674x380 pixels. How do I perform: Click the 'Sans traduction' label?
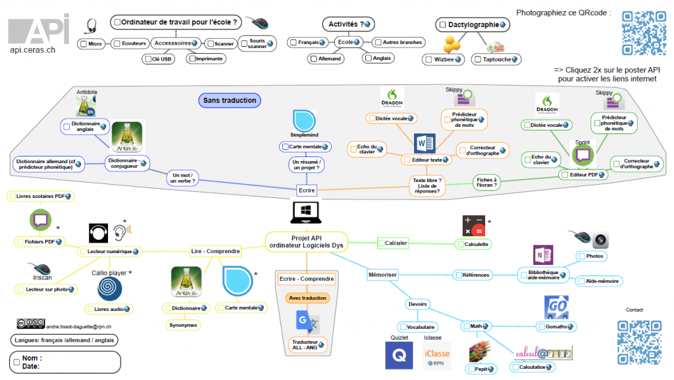click(x=230, y=101)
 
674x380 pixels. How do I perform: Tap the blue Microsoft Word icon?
click(x=425, y=143)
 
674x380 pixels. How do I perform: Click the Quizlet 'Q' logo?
click(x=399, y=356)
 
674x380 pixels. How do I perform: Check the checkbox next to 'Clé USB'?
click(x=147, y=59)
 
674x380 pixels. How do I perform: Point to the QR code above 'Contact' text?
click(x=638, y=341)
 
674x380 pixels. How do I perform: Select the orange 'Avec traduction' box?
click(x=307, y=298)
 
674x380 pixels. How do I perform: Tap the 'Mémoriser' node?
click(x=382, y=275)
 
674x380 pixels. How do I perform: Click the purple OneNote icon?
click(x=543, y=254)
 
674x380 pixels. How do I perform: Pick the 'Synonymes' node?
click(x=182, y=325)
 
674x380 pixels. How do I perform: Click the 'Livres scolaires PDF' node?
click(x=41, y=196)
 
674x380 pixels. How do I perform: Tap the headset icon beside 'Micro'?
click(x=91, y=27)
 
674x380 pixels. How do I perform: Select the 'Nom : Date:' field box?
click(x=65, y=362)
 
